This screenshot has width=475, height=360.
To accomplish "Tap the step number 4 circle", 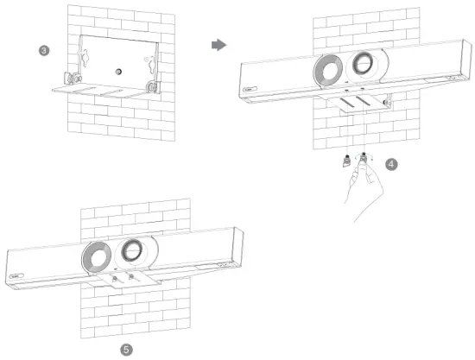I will (x=391, y=164).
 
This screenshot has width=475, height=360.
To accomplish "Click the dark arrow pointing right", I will (x=218, y=45).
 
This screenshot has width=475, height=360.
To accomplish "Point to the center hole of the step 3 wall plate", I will (x=117, y=64).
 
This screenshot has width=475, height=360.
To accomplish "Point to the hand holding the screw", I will (x=363, y=190).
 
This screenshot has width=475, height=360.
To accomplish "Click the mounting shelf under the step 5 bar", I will (x=121, y=278).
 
